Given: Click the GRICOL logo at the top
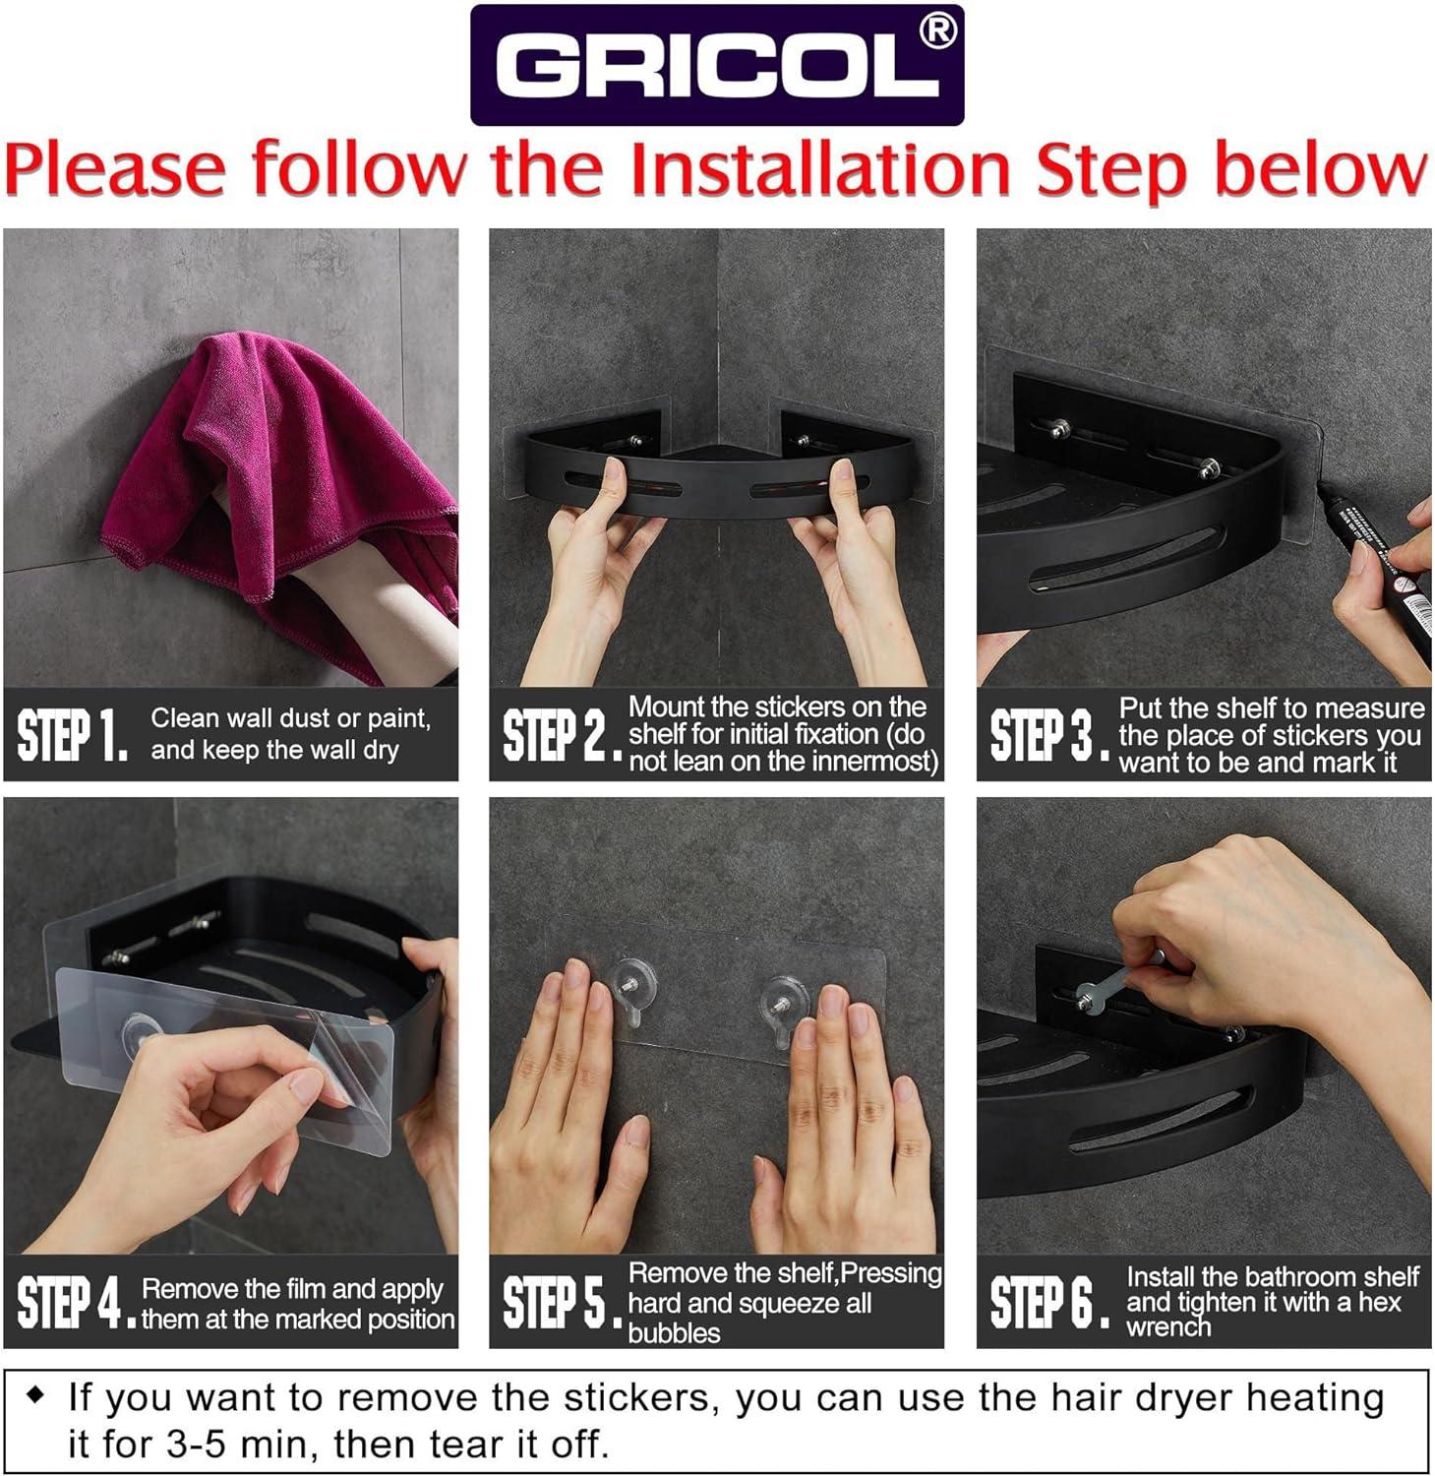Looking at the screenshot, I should coord(716,66).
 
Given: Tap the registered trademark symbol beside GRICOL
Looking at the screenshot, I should coord(937,31).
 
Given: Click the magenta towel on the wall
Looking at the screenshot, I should coord(285,462).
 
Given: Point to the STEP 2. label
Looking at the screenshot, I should coord(561,736).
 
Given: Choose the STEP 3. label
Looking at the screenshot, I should coord(1047,736).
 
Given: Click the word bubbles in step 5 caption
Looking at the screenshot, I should coord(674,1333).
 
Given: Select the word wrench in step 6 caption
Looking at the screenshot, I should coord(1168,1327).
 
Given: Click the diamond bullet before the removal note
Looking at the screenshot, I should coord(36,1395).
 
